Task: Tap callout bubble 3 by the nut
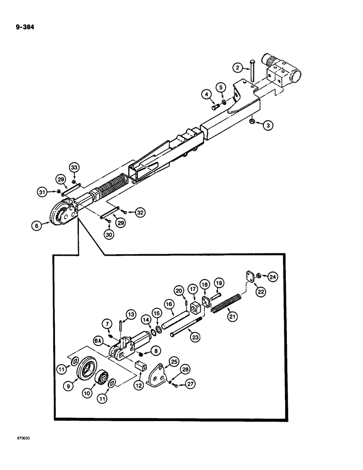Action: coord(267,126)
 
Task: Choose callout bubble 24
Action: coord(273,277)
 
